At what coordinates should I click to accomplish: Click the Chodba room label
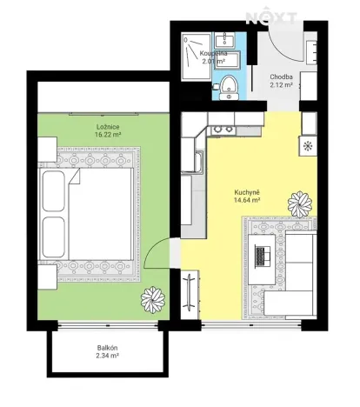coord(281,77)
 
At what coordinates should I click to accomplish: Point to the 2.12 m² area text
coord(281,85)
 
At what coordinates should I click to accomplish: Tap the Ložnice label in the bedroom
coord(108,127)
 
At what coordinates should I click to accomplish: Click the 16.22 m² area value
coord(108,136)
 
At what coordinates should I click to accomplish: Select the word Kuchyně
coord(248,191)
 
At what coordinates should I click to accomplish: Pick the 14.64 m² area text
coord(248,200)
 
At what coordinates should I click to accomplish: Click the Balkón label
coord(108,348)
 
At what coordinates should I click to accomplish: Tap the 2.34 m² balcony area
coord(108,357)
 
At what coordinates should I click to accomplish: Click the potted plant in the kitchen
coord(301,203)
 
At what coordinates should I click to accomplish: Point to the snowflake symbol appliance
coord(307,146)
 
